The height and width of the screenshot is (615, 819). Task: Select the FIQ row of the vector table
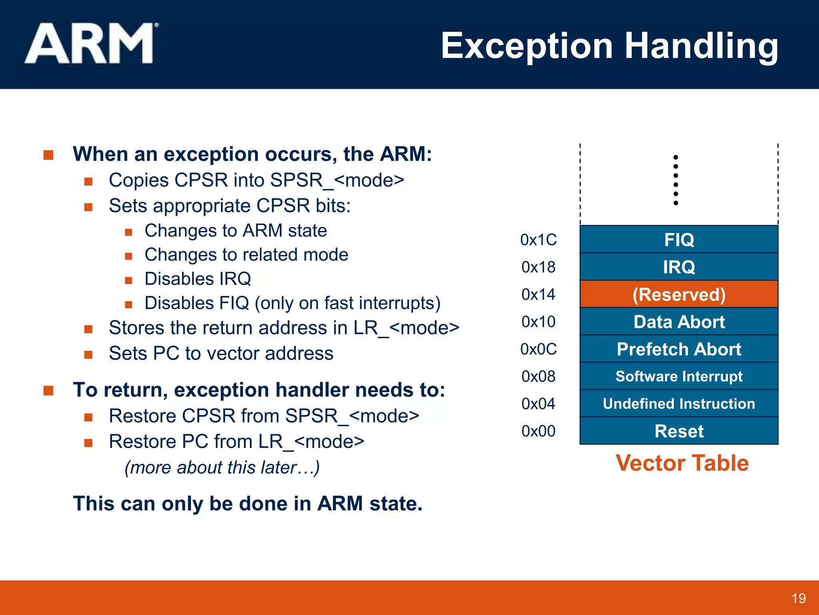tap(679, 239)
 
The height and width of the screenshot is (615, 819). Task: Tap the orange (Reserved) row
tap(679, 294)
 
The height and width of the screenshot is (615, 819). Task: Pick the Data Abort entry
tap(679, 322)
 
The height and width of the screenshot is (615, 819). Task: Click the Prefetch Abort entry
tap(679, 349)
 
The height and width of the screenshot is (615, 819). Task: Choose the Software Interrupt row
tap(679, 376)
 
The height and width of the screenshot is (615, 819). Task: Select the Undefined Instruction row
tap(679, 404)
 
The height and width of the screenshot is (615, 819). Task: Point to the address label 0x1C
tap(538, 240)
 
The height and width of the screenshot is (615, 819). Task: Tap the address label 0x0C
tap(538, 349)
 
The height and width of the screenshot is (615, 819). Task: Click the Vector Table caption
tap(682, 463)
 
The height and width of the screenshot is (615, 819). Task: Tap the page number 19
tap(798, 598)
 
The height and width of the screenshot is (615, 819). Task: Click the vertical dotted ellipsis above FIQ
tap(675, 180)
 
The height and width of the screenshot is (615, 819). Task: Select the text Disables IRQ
tap(198, 279)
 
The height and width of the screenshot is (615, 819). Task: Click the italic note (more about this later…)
tap(222, 467)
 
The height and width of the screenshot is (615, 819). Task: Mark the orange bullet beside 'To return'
tap(48, 390)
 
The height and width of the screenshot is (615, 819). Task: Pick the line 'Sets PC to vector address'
tap(221, 353)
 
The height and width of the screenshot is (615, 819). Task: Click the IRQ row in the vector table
tap(679, 267)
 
